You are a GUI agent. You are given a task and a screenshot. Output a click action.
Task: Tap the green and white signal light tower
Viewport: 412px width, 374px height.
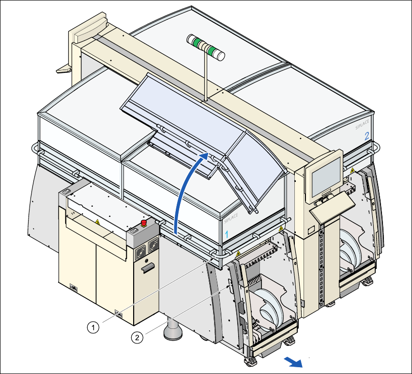point(207,48)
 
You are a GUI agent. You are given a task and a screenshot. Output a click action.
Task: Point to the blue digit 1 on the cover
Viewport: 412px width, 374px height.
point(226,234)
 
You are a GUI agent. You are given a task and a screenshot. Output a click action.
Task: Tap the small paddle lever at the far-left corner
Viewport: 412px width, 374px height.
point(64,70)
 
